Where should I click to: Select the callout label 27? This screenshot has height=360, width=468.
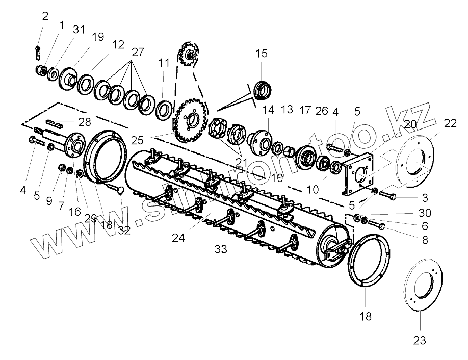(x=138, y=52)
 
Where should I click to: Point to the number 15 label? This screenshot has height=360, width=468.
(x=261, y=54)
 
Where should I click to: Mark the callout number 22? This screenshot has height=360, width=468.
(x=450, y=123)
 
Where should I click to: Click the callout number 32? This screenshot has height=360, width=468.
(x=124, y=229)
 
